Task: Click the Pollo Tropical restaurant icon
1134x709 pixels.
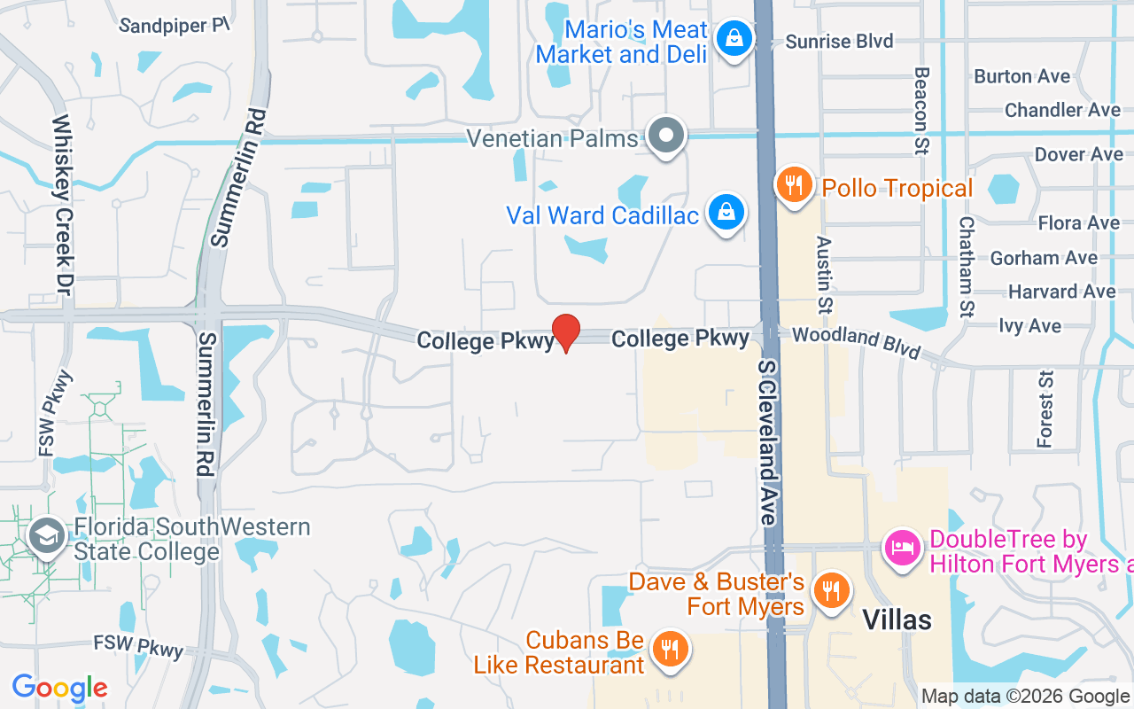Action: click(x=794, y=185)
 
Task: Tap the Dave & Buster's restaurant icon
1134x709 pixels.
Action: click(x=830, y=589)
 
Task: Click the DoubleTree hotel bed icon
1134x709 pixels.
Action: click(x=902, y=547)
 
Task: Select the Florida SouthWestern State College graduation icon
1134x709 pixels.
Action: click(x=45, y=536)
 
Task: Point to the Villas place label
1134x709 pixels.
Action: click(x=897, y=619)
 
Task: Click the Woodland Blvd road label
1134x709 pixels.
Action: click(x=856, y=341)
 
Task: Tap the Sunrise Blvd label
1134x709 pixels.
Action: click(x=839, y=42)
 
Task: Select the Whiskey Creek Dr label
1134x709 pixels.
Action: click(x=62, y=205)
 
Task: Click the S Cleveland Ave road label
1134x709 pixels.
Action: click(x=767, y=441)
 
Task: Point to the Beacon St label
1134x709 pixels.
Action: click(x=921, y=111)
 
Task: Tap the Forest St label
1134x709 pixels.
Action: click(x=1046, y=409)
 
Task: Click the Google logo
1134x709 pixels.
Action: click(x=59, y=688)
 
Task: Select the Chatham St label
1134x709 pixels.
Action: click(x=967, y=267)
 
